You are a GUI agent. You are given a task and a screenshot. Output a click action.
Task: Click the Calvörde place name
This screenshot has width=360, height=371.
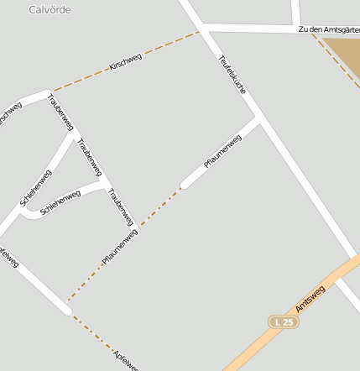pos(50,10)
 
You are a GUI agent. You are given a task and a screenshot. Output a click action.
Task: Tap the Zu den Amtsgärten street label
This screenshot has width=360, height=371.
pos(328,29)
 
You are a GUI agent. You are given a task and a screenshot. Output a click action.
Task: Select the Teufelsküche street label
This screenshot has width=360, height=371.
pos(232,79)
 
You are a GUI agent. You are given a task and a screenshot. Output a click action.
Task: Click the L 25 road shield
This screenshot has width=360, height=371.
pos(283,322)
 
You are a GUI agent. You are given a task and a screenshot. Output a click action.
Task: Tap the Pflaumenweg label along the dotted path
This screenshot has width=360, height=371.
pos(119,247)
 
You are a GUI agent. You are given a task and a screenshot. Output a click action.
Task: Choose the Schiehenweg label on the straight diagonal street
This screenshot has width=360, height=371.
pos(36,188)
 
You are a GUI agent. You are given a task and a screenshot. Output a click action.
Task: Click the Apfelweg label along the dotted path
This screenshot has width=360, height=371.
pos(126,356)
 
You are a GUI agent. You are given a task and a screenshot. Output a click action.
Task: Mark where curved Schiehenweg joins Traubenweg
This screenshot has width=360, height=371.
pos(102,182)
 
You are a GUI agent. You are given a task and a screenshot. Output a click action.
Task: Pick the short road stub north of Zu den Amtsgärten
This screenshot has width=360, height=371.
pos(295,12)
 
